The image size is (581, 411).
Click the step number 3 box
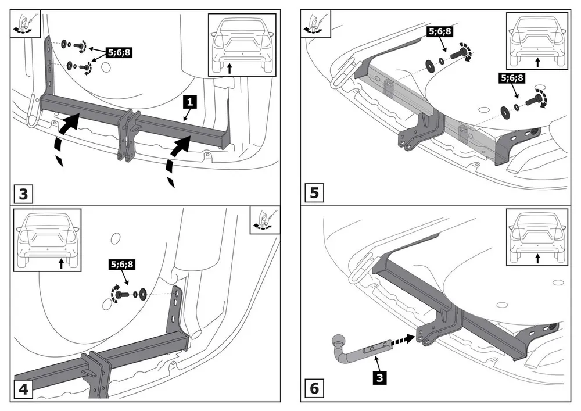(23, 194)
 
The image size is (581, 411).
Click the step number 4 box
(23, 389)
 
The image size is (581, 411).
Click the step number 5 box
(314, 193)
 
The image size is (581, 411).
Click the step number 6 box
(314, 388)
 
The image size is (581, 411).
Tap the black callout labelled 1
(190, 102)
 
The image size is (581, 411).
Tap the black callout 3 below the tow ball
(379, 378)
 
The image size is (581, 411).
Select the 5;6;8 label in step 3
(119, 53)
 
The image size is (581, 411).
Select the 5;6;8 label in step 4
(122, 265)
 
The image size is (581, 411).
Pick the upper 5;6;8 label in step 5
(440, 31)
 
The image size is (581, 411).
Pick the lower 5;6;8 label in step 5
(512, 78)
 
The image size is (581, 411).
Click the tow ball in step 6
(338, 341)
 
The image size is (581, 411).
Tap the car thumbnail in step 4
(47, 240)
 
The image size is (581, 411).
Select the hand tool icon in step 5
(315, 23)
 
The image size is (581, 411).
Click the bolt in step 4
(122, 294)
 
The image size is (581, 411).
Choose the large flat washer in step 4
(143, 295)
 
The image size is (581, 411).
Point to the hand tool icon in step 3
(25, 24)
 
